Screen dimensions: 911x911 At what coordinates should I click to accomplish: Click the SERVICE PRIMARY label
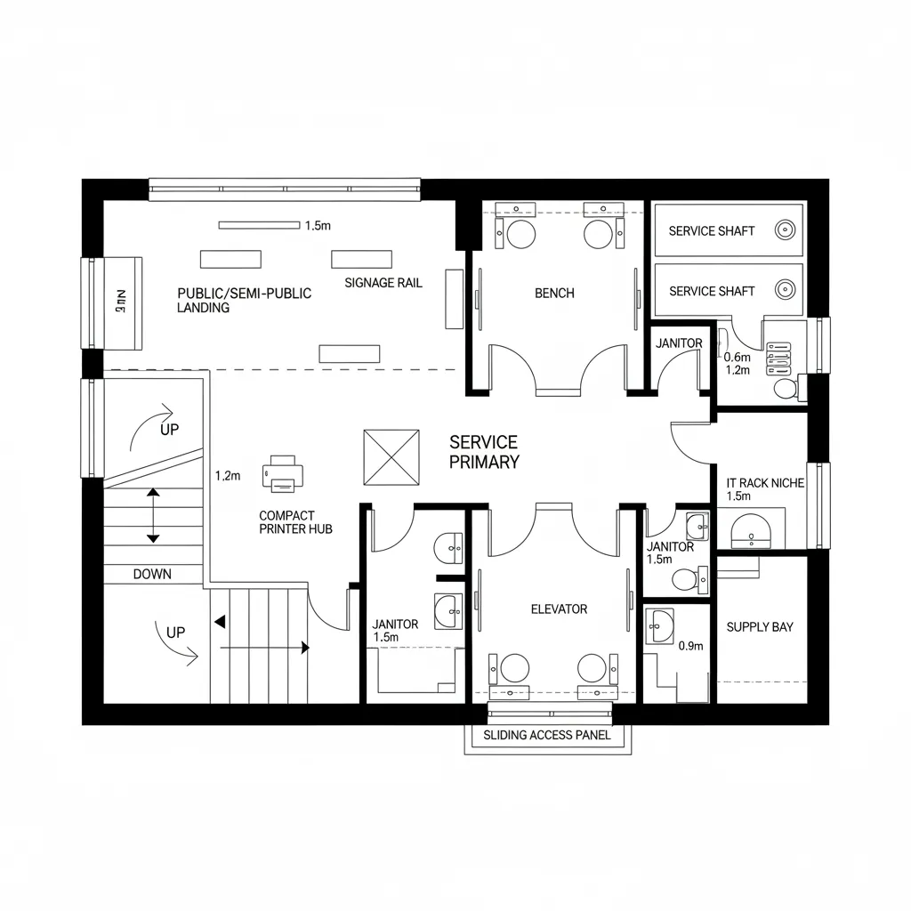(x=484, y=452)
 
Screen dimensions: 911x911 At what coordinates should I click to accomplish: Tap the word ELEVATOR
(x=559, y=609)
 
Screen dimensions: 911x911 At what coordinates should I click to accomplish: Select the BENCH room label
(x=554, y=293)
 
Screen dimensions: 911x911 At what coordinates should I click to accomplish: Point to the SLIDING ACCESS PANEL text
(x=547, y=735)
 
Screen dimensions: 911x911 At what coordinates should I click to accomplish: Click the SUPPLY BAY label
(x=760, y=626)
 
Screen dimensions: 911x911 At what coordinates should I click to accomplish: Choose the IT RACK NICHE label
(x=765, y=482)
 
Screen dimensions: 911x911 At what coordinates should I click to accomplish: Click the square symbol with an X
(x=391, y=457)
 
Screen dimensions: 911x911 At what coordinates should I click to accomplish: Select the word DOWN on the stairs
(x=152, y=574)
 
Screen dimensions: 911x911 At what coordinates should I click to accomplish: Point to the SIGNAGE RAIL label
(x=383, y=283)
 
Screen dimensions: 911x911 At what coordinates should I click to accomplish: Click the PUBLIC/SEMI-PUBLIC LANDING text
(x=245, y=300)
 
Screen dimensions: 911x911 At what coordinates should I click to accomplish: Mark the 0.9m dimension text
(x=690, y=646)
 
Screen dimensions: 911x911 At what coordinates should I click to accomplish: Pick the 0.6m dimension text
(x=738, y=357)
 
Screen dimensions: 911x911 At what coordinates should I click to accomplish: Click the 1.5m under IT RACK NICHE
(x=739, y=496)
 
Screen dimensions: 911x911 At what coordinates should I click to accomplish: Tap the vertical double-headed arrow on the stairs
(x=153, y=515)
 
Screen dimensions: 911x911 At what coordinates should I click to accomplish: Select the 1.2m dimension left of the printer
(x=228, y=476)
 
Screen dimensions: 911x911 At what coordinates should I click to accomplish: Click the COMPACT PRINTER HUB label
(x=295, y=522)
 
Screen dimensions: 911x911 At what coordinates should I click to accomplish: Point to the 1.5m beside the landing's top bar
(x=318, y=226)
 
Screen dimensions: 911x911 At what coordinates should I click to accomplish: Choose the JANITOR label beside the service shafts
(x=679, y=343)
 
